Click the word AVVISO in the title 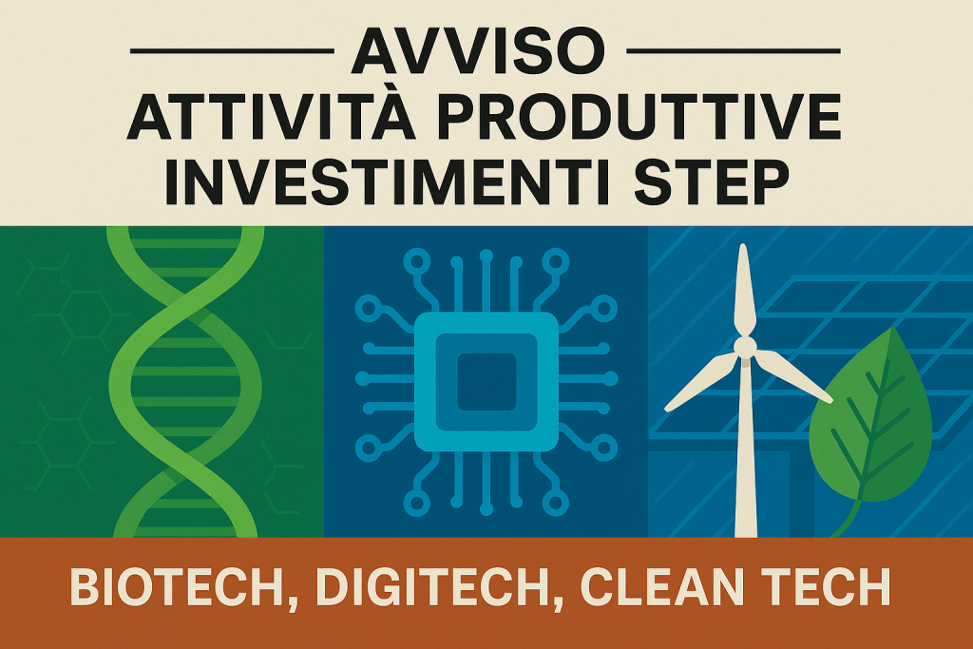click(478, 52)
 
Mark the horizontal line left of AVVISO click(233, 51)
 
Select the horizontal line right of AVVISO click(734, 51)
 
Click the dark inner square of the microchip click(486, 382)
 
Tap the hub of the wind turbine click(745, 346)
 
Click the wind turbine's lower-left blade click(701, 383)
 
